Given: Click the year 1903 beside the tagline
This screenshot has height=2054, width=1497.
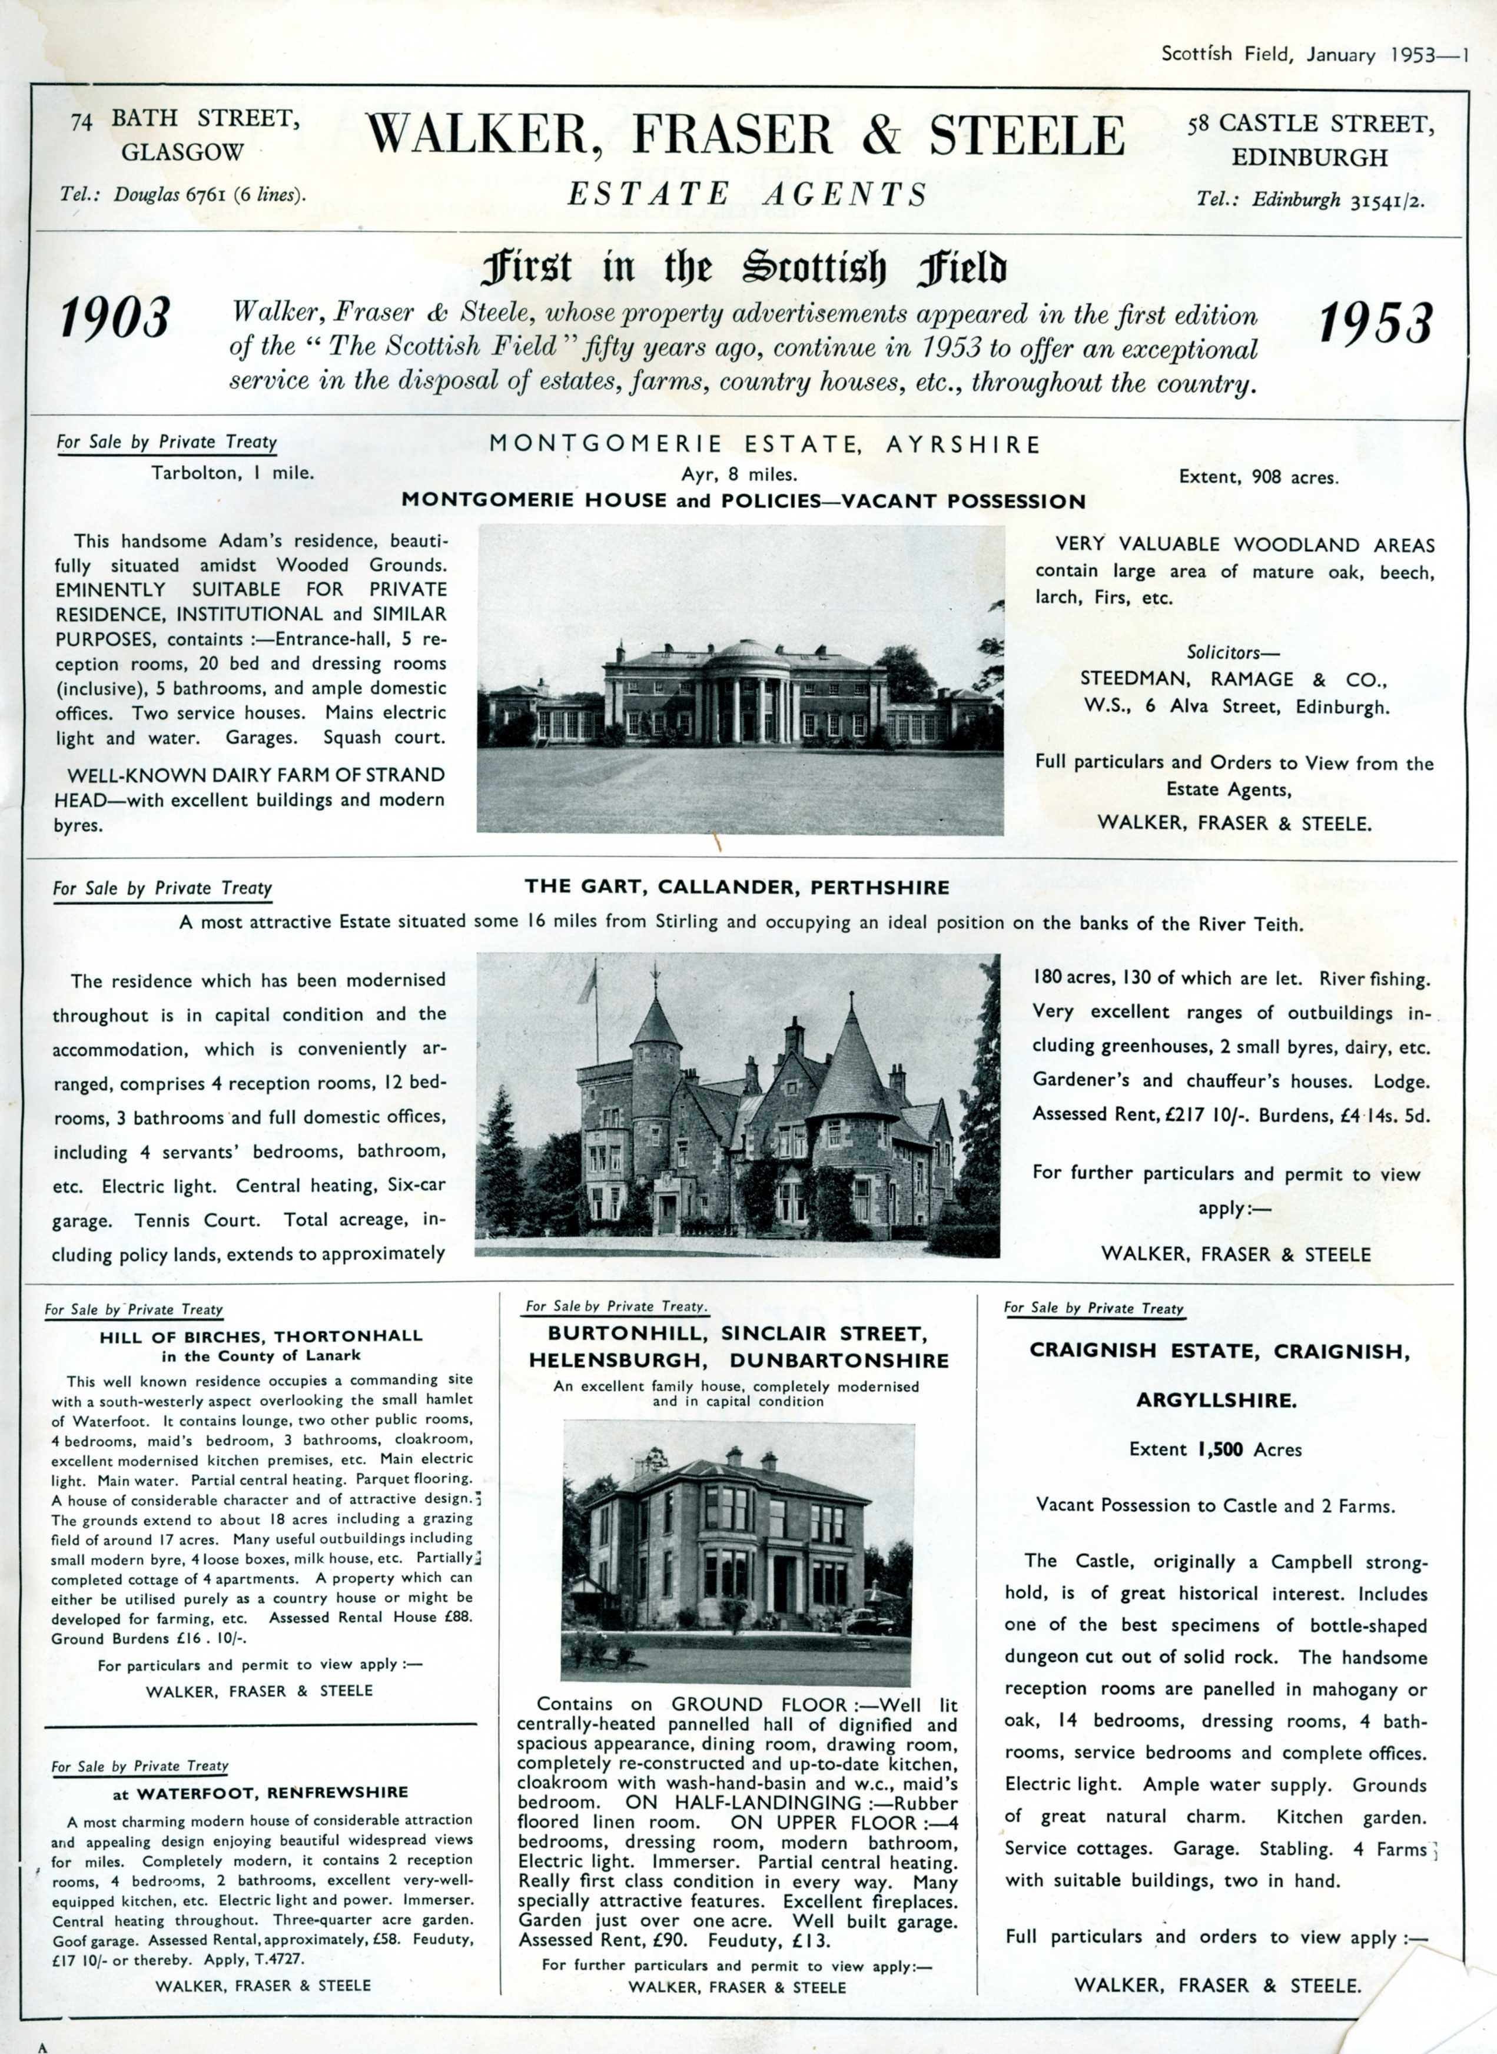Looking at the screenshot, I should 115,320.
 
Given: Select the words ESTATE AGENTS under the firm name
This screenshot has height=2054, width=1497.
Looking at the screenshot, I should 748,194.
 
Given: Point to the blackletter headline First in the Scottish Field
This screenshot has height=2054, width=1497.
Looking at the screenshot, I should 744,268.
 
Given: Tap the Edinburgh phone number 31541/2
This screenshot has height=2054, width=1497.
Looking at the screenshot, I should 1386,200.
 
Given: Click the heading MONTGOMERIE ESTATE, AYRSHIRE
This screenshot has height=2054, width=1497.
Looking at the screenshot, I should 765,444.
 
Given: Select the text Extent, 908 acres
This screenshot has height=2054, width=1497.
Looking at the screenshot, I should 1258,477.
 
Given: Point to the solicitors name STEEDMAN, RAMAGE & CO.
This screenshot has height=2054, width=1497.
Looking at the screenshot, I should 1233,679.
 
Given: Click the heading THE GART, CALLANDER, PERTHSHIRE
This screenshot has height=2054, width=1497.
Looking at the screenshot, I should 736,887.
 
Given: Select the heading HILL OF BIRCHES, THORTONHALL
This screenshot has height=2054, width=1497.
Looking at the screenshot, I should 261,1336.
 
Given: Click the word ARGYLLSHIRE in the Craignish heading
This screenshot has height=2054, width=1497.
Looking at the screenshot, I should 1216,1400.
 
